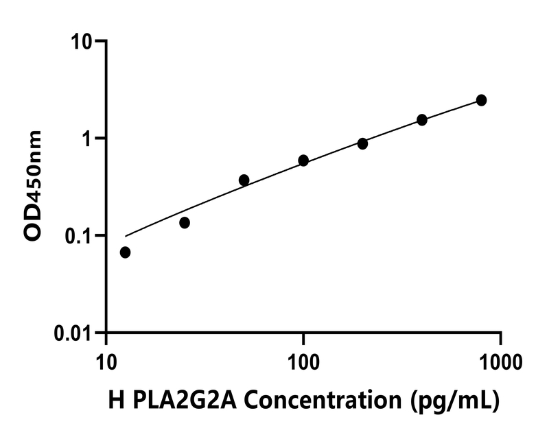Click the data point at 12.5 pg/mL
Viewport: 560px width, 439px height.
[x=125, y=252]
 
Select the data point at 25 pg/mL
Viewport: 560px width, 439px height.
[x=185, y=223]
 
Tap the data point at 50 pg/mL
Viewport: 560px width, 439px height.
[x=244, y=180]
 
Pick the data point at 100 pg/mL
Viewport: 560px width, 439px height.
[x=303, y=161]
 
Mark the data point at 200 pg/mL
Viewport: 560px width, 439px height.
[x=362, y=144]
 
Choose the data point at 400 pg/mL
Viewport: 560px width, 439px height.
[x=422, y=120]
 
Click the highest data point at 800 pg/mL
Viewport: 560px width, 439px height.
[x=481, y=100]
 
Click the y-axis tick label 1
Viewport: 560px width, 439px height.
[x=87, y=139]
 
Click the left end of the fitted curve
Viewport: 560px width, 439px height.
[x=126, y=236]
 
